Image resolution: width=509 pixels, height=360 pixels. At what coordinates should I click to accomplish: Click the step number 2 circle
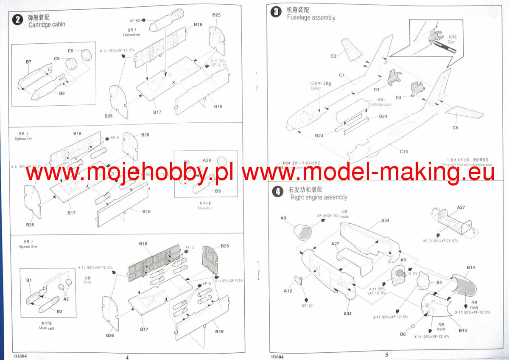click(x=17, y=20)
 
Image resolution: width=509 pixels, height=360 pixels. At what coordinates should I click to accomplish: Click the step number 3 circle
click(x=276, y=12)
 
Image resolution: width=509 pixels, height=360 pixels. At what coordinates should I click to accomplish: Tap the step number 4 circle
click(x=277, y=192)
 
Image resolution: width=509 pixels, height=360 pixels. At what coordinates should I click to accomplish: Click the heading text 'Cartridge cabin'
click(x=47, y=24)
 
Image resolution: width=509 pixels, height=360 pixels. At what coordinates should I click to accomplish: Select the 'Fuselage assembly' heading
click(x=311, y=18)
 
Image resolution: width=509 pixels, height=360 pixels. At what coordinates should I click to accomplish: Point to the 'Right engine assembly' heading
click(x=319, y=197)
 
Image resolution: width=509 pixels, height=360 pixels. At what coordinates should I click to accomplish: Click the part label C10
click(x=403, y=152)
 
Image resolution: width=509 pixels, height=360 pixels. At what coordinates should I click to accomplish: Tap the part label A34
click(x=385, y=221)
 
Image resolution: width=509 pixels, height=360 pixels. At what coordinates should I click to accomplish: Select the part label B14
click(x=471, y=267)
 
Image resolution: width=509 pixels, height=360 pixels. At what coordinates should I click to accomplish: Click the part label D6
click(x=403, y=334)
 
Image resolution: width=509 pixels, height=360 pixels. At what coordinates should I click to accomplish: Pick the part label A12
click(x=288, y=291)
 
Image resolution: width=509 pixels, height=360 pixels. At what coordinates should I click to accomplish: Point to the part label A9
click(x=283, y=218)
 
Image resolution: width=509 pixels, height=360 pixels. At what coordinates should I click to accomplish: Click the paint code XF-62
click(x=135, y=20)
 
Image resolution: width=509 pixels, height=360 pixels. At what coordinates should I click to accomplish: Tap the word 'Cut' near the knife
click(x=451, y=42)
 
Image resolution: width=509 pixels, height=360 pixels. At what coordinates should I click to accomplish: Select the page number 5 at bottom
click(x=386, y=354)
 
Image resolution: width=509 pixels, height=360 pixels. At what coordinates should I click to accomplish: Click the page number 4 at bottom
click(x=127, y=357)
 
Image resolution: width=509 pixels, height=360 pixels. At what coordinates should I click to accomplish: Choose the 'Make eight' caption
click(x=47, y=328)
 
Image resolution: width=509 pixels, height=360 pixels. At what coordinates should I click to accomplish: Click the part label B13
click(x=463, y=331)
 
